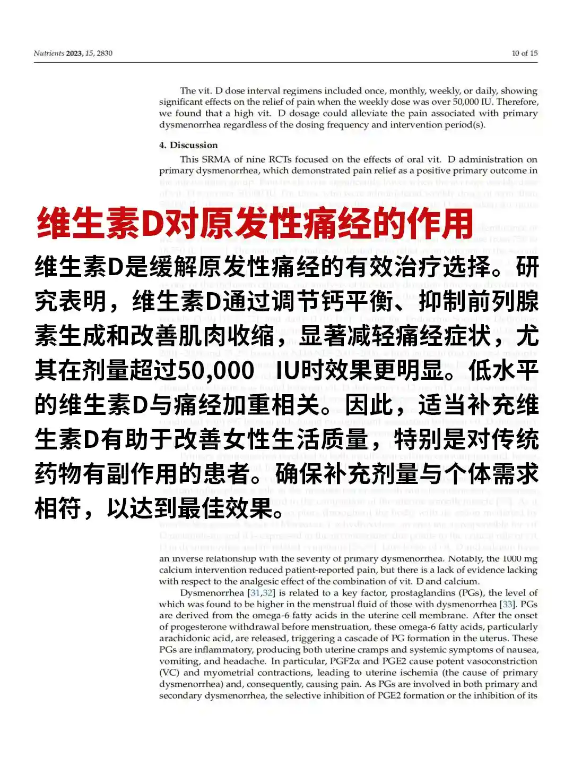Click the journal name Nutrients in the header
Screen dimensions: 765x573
click(x=48, y=53)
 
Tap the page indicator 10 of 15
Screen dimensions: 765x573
click(x=524, y=53)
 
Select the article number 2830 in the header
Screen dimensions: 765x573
click(x=105, y=53)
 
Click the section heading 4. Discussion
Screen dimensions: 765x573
click(x=188, y=145)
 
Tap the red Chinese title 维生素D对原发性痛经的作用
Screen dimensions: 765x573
click(x=255, y=223)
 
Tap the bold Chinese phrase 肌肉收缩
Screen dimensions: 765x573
click(x=228, y=336)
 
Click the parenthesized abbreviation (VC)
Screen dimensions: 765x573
click(x=169, y=673)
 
